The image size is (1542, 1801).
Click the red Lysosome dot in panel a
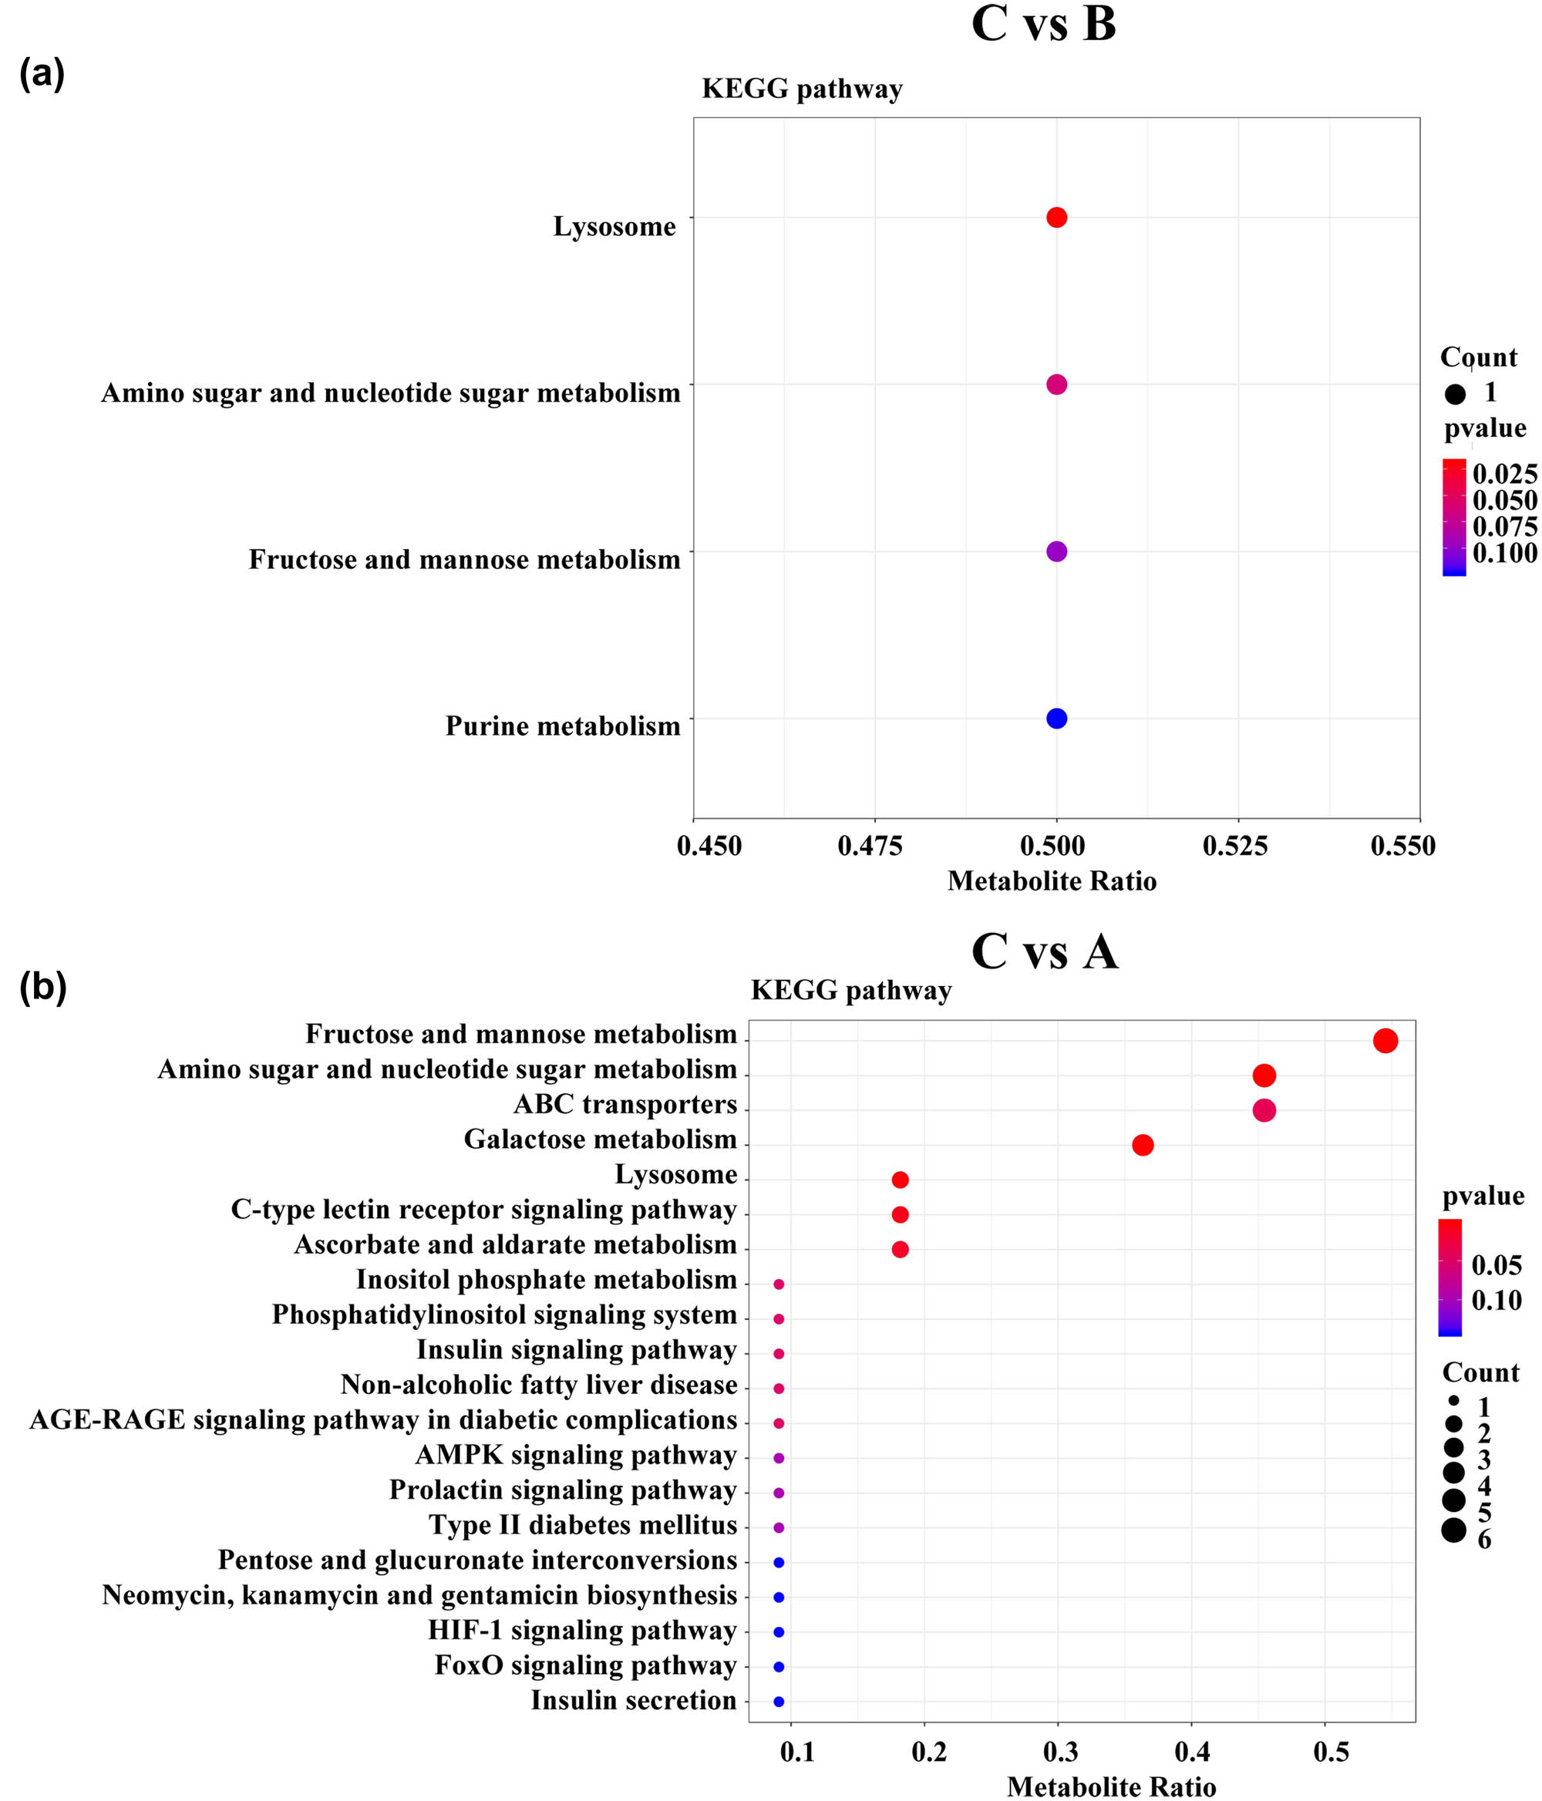(1055, 217)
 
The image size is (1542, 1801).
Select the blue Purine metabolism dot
(1055, 718)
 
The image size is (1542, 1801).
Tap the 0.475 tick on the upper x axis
(870, 846)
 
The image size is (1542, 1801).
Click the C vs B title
(1043, 25)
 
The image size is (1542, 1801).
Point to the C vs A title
(1044, 952)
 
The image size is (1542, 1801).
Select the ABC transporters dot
(1264, 1110)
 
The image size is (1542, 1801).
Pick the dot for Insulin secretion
(779, 1701)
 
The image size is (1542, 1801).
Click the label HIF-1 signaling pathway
(582, 1630)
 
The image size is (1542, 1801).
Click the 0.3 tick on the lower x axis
(1060, 1752)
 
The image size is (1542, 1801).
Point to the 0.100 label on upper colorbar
(1505, 553)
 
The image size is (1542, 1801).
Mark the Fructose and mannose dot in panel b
(1385, 1041)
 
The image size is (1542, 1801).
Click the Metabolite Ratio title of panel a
(1052, 881)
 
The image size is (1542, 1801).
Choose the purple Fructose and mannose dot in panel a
(1055, 551)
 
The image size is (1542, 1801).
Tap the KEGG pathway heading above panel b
(851, 990)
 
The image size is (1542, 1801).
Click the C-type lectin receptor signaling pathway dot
(900, 1214)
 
